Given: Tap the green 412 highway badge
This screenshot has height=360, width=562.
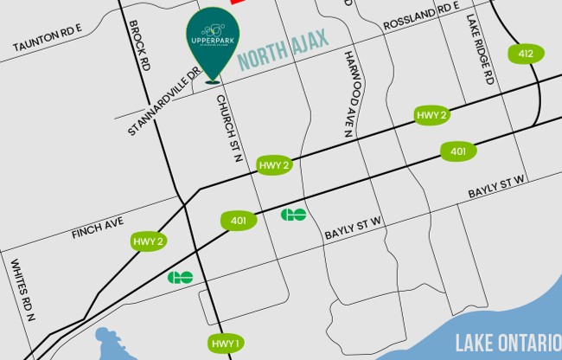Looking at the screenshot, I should click(527, 54).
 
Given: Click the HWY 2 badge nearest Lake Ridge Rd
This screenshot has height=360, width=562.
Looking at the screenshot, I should click(431, 115).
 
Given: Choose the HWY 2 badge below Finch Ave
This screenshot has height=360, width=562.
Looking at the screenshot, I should click(147, 241).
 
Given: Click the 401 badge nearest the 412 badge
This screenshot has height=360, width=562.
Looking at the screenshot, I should click(457, 151).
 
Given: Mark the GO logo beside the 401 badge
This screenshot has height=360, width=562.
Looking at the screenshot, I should click(294, 214).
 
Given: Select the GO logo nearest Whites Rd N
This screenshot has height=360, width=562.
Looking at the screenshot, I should click(181, 278).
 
